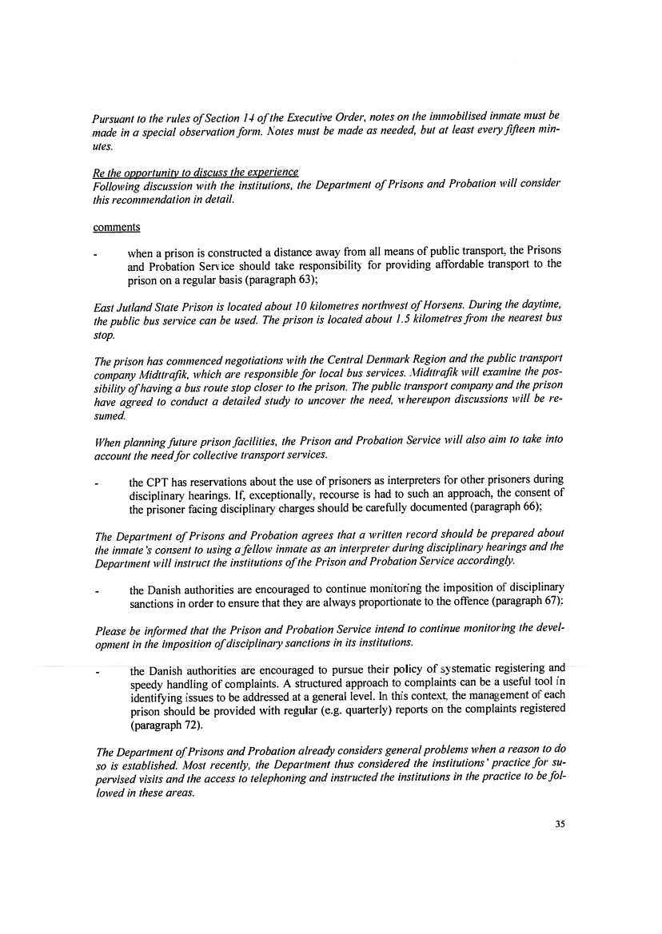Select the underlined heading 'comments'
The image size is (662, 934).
pyautogui.click(x=117, y=227)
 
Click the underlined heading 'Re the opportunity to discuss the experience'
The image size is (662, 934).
pyautogui.click(x=195, y=172)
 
